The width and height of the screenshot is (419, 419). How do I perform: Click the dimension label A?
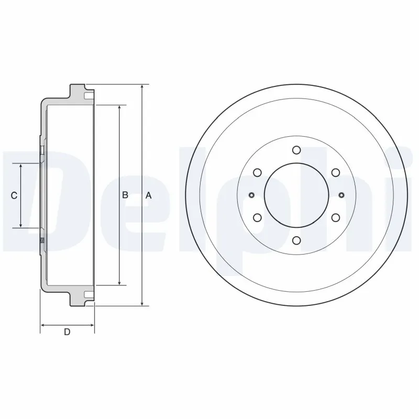(x=148, y=195)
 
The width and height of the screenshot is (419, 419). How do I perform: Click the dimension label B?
(x=125, y=195)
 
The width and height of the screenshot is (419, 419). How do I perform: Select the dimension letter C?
(x=15, y=195)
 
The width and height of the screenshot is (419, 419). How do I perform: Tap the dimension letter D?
(x=67, y=331)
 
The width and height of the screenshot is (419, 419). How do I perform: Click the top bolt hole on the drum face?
(x=296, y=151)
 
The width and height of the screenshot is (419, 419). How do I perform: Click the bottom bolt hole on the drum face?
(x=296, y=240)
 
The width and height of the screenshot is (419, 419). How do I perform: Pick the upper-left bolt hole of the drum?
(x=257, y=173)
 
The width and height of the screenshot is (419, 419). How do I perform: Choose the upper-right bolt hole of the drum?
(x=335, y=173)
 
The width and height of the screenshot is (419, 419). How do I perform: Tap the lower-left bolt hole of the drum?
(x=257, y=218)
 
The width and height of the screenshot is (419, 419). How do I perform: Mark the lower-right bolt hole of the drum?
(x=335, y=218)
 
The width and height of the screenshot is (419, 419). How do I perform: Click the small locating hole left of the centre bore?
(x=251, y=195)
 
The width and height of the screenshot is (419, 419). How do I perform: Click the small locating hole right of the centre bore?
(x=341, y=195)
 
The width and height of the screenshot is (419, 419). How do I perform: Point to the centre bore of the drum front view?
(x=296, y=195)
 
